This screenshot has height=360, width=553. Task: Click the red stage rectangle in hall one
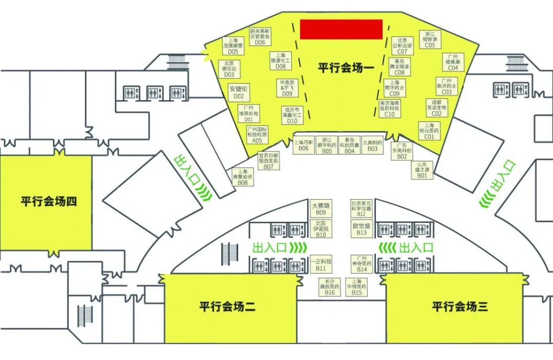tap(341, 29)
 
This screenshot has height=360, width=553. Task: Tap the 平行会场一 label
tap(346, 68)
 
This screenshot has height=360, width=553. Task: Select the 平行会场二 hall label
tap(227, 307)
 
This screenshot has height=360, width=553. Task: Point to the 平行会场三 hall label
tap(459, 307)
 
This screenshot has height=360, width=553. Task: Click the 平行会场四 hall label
tap(49, 201)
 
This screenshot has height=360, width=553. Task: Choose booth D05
tap(233, 46)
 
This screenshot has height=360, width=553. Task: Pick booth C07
tap(402, 46)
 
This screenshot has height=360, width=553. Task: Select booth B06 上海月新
tap(304, 145)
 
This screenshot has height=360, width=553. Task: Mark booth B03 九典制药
tap(372, 145)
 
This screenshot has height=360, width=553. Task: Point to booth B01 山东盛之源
tap(422, 170)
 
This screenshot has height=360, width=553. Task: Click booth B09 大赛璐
tap(321, 208)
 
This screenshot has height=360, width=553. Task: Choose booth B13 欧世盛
tap(361, 228)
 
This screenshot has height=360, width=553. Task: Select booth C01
tap(429, 131)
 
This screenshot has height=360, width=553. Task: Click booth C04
tap(453, 62)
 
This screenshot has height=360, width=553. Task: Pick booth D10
tap(292, 116)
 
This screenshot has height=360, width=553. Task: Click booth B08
tap(243, 177)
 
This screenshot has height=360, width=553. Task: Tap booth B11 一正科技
tap(321, 264)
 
